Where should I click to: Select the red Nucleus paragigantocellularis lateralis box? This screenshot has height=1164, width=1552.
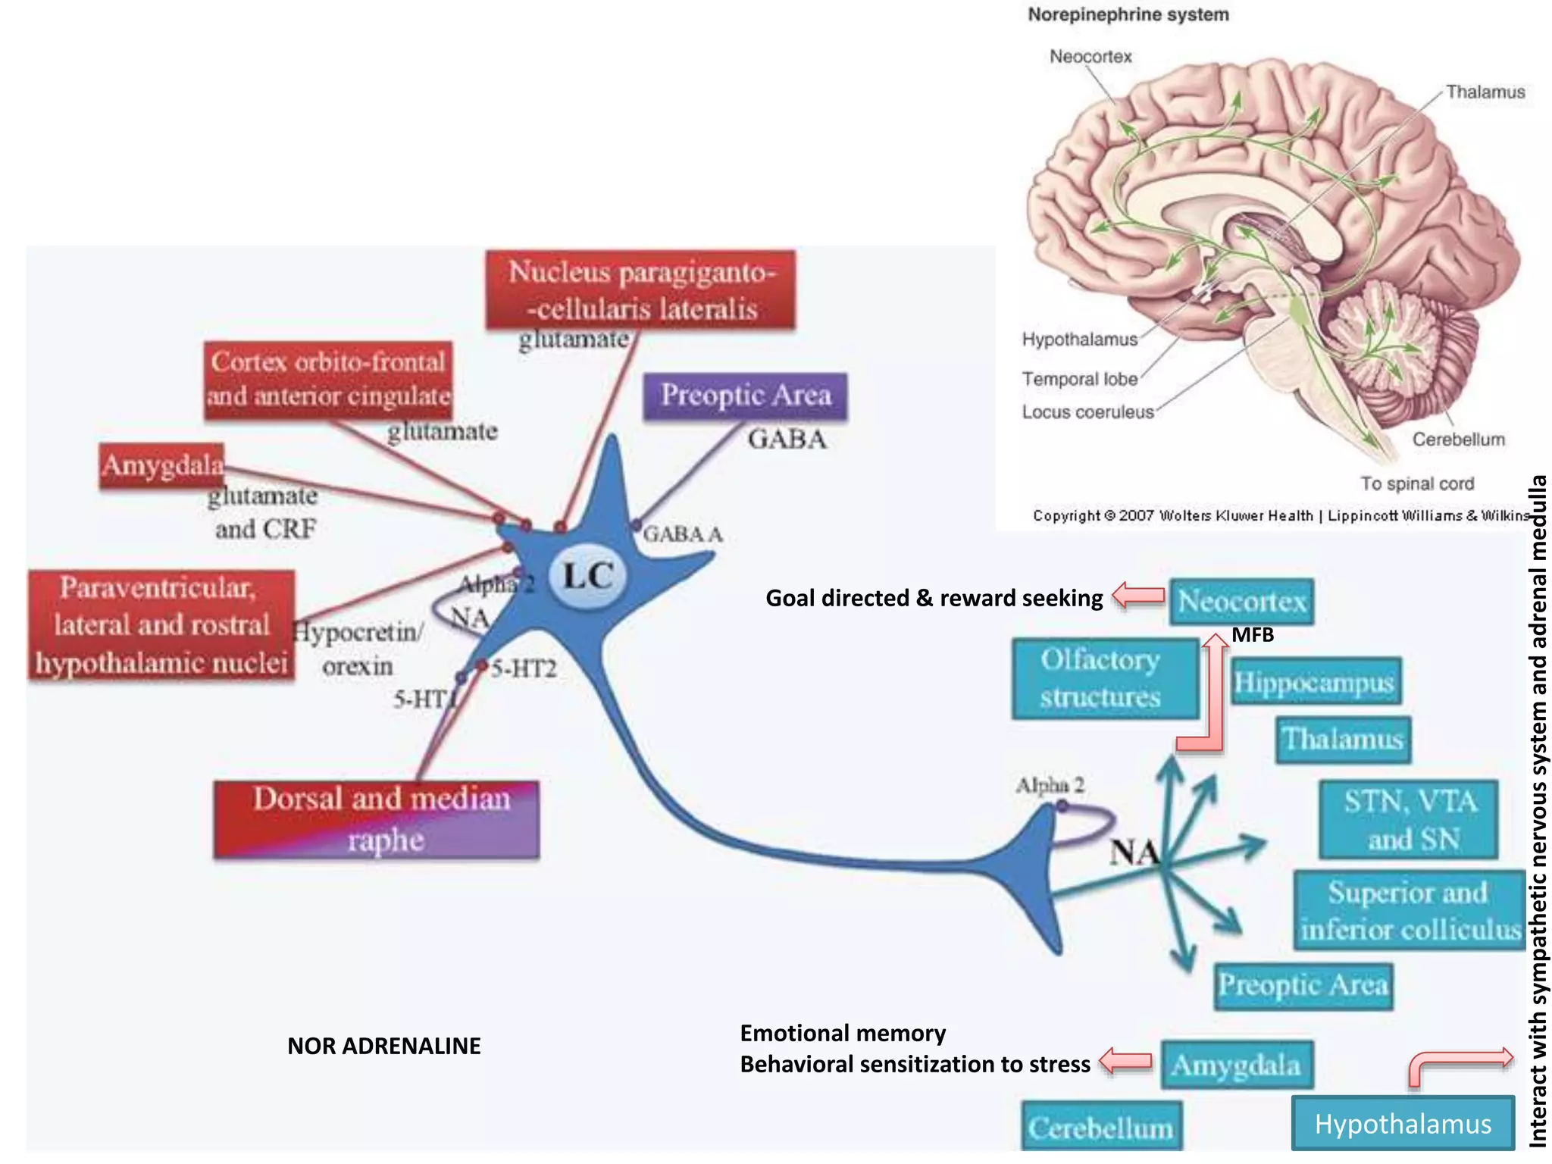coord(640,290)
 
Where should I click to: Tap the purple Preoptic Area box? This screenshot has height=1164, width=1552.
coord(745,396)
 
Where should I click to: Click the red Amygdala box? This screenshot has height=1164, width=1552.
coord(162,465)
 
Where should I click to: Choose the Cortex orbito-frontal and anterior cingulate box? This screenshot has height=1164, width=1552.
coord(328,380)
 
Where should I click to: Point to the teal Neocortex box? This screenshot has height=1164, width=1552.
coord(1241,602)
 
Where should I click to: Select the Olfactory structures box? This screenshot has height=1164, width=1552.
coord(1104,679)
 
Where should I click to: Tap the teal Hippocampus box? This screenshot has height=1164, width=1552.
coord(1315,682)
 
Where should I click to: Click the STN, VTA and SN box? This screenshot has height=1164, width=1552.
coord(1409,820)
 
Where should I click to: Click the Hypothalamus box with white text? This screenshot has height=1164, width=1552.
coord(1403,1124)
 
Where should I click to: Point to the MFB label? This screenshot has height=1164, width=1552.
coord(1253,635)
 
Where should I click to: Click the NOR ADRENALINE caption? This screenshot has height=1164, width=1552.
coord(383,1047)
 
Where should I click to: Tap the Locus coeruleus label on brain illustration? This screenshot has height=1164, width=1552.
coord(1087,412)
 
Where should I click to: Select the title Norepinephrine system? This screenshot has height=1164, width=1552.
coord(1128,14)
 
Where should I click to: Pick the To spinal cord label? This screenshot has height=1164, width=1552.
coord(1416,483)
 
